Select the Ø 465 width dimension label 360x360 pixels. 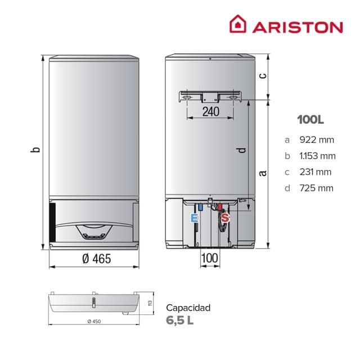[x=94, y=259]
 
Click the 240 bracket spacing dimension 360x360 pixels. [x=210, y=111]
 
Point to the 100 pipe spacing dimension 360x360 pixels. [x=209, y=259]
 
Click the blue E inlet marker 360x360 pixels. [x=195, y=218]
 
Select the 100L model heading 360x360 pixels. [x=311, y=120]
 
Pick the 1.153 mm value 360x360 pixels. [x=318, y=156]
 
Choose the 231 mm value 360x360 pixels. [x=316, y=172]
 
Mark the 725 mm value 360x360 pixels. [x=317, y=187]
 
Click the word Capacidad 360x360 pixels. [x=188, y=308]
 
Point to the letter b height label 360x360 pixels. [x=35, y=150]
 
